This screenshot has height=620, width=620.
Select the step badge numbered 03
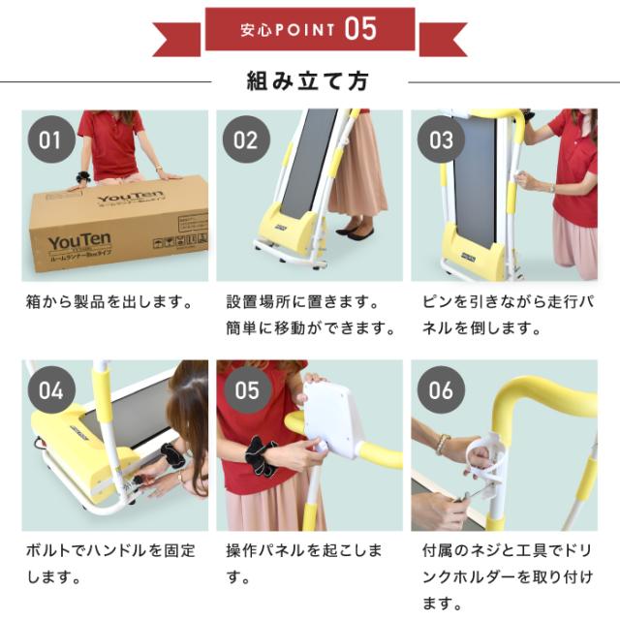tap(441, 139)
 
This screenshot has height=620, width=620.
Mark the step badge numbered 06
tap(441, 390)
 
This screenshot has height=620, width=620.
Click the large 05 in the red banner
tap(359, 28)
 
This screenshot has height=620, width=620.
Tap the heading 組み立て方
tap(309, 80)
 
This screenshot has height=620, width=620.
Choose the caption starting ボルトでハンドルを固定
tap(110, 551)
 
